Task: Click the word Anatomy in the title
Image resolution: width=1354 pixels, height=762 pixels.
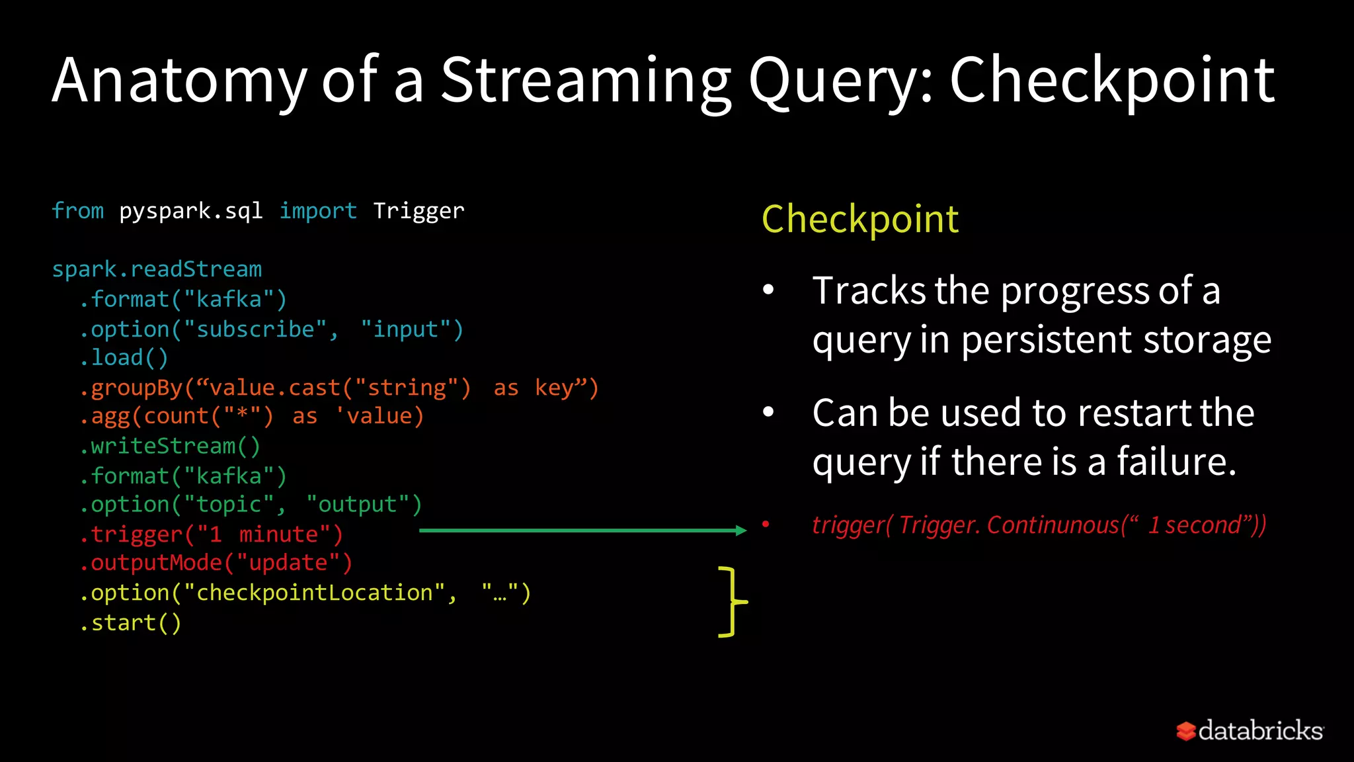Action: (x=179, y=81)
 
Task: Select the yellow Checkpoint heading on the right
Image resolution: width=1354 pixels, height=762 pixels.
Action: (x=859, y=219)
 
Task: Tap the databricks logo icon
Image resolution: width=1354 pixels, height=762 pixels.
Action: (x=1185, y=731)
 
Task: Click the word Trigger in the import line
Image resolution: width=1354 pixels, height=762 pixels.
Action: (x=418, y=211)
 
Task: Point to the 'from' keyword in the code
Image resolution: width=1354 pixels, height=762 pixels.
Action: (x=77, y=211)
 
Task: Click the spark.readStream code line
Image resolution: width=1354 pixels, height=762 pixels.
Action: (x=157, y=269)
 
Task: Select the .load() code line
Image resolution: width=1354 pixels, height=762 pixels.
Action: (x=124, y=358)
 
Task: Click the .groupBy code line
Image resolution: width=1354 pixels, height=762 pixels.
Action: (x=338, y=388)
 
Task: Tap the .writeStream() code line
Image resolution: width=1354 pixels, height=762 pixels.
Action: (x=170, y=446)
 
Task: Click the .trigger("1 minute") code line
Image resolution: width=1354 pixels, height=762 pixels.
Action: (x=212, y=534)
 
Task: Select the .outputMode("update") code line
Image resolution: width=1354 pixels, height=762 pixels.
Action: (x=216, y=563)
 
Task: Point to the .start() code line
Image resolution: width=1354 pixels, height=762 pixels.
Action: (x=130, y=623)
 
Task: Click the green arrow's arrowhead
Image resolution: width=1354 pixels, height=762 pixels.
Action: (x=741, y=530)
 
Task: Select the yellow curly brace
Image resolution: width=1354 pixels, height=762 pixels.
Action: (x=731, y=602)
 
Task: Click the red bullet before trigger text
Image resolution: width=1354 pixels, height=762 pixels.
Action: (x=766, y=525)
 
